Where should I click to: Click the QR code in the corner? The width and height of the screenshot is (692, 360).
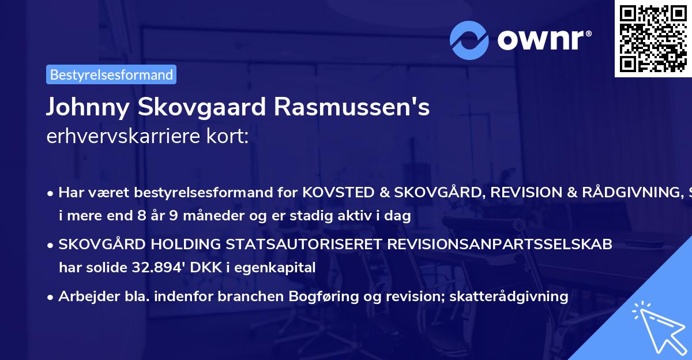click(653, 38)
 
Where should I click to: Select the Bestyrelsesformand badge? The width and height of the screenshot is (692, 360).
click(111, 74)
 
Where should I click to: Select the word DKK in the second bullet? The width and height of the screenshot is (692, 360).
click(187, 267)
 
